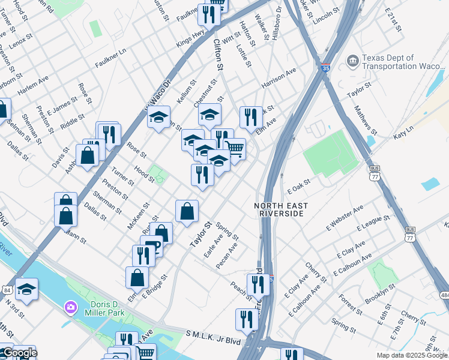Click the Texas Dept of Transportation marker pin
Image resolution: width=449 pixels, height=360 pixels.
[352, 61]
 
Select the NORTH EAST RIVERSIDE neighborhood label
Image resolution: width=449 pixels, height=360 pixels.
[281, 210]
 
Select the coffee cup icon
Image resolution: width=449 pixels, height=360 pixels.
[151, 246]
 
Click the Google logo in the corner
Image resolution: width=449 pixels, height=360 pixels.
[19, 353]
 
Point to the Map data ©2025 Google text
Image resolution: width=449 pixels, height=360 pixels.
[412, 355]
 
